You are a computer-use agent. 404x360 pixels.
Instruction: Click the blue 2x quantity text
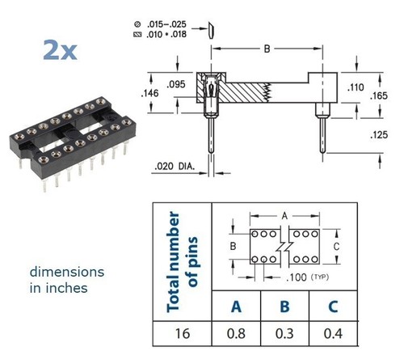(x=60, y=50)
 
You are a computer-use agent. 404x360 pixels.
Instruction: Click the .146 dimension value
(x=149, y=93)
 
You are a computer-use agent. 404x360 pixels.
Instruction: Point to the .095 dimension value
(x=176, y=84)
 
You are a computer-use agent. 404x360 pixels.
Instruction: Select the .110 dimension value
(x=356, y=87)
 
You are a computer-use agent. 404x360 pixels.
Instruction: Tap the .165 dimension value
(x=379, y=95)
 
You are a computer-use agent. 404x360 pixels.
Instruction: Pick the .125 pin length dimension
(x=379, y=135)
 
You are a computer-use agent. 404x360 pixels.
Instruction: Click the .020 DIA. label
(x=175, y=167)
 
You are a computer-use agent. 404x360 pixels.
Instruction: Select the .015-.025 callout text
(x=166, y=24)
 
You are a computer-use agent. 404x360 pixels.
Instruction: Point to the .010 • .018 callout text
(x=166, y=35)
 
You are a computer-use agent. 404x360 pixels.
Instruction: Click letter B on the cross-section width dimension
(x=267, y=49)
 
